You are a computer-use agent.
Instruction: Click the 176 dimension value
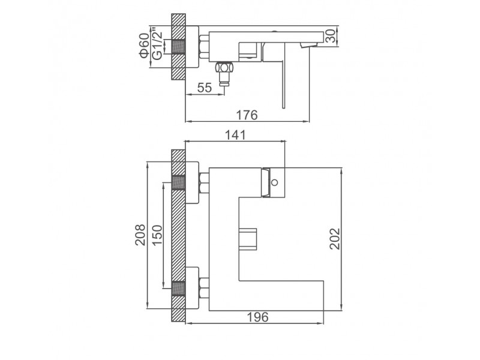click(x=247, y=115)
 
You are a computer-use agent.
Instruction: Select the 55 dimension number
click(x=205, y=88)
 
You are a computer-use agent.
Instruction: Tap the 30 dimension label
click(x=331, y=37)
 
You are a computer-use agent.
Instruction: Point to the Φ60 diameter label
click(x=144, y=46)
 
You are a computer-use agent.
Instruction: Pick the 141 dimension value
click(x=235, y=134)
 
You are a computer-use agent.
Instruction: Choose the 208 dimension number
click(x=140, y=235)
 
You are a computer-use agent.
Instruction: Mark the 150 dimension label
click(x=157, y=235)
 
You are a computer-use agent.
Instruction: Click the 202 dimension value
click(x=335, y=239)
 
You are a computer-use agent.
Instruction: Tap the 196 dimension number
click(x=258, y=317)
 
